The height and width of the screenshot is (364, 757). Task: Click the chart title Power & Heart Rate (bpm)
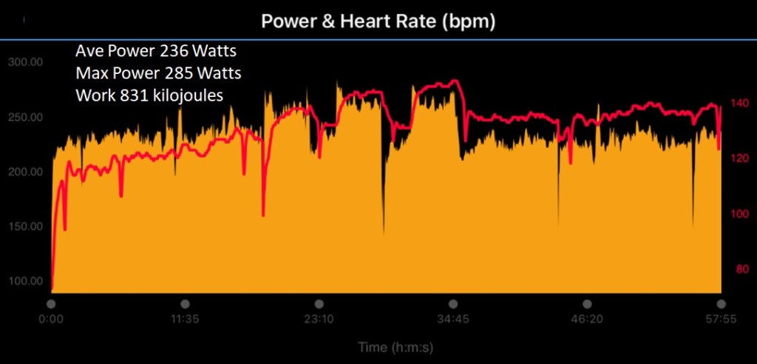click(x=378, y=22)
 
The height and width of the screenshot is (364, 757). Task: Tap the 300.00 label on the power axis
click(x=25, y=62)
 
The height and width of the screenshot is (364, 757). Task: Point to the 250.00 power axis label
click(x=25, y=117)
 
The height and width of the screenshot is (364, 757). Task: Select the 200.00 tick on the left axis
click(x=25, y=172)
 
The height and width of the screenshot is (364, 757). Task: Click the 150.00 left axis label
click(x=25, y=226)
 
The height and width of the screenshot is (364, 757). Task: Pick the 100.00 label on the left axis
click(x=25, y=280)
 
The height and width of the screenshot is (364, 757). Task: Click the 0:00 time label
click(x=51, y=320)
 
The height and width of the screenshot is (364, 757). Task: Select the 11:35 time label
click(x=185, y=320)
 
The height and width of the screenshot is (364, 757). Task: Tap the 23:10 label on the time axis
click(x=319, y=320)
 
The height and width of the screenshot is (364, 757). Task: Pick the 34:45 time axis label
click(x=452, y=320)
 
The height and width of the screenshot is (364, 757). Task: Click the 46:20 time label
click(x=586, y=320)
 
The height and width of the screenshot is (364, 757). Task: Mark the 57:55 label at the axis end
click(x=719, y=320)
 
